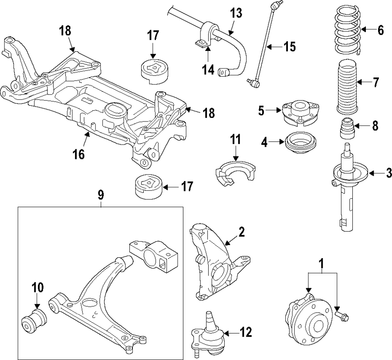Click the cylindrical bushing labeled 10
(x=34, y=320)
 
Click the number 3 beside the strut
(x=388, y=173)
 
